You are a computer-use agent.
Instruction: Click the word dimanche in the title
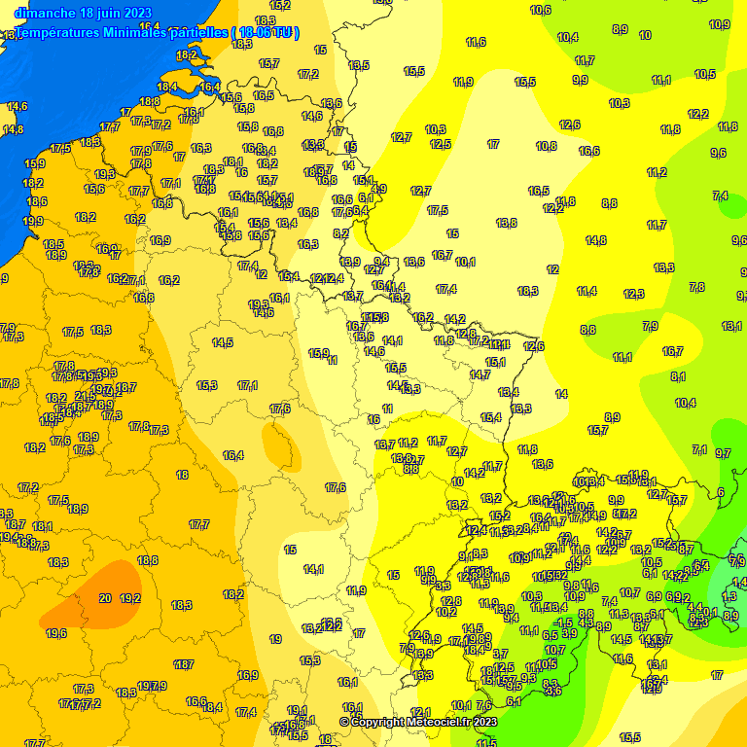pyautogui.click(x=46, y=13)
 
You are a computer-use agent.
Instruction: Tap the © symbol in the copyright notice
pyautogui.click(x=343, y=722)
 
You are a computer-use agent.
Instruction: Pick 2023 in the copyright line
pyautogui.click(x=484, y=722)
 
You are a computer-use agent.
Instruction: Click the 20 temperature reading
pyautogui.click(x=105, y=598)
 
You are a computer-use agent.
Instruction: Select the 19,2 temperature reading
pyautogui.click(x=130, y=598)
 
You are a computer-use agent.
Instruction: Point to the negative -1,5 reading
pyautogui.click(x=562, y=622)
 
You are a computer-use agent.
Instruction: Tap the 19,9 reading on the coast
pyautogui.click(x=33, y=222)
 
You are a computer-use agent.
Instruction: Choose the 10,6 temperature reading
pyautogui.click(x=541, y=11)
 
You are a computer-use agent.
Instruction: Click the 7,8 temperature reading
pyautogui.click(x=696, y=287)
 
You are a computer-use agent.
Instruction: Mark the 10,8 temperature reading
pyautogui.click(x=547, y=146)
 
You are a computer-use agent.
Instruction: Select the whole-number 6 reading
pyautogui.click(x=721, y=492)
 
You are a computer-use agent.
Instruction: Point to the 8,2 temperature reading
pyautogui.click(x=340, y=233)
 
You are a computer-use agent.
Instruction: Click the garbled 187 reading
pyautogui.click(x=184, y=664)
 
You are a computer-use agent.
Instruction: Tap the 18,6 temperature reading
pyautogui.click(x=37, y=201)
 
